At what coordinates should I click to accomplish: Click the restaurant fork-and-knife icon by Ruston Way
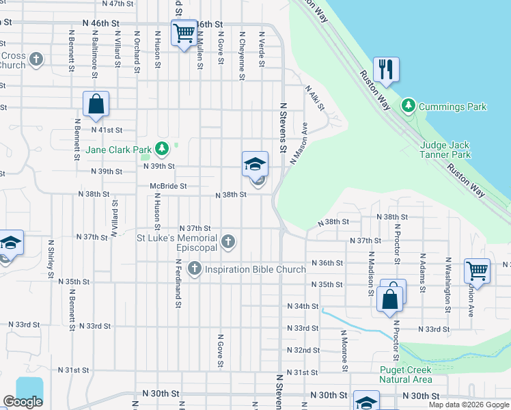(386, 70)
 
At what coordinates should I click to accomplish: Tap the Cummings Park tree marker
(409, 106)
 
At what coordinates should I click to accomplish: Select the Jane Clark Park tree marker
(161, 148)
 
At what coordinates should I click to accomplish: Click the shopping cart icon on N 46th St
(184, 33)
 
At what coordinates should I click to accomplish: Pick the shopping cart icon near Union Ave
(477, 270)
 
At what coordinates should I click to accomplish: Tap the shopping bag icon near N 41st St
(96, 105)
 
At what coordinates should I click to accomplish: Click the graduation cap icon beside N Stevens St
(255, 164)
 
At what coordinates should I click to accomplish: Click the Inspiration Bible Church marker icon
(195, 269)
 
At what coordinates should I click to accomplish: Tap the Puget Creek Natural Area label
(405, 374)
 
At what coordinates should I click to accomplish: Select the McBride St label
(169, 186)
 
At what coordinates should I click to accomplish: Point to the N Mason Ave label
(299, 143)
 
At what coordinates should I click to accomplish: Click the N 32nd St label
(303, 350)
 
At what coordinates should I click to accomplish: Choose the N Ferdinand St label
(177, 283)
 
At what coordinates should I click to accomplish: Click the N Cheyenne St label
(242, 55)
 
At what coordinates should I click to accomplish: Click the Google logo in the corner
(23, 402)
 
